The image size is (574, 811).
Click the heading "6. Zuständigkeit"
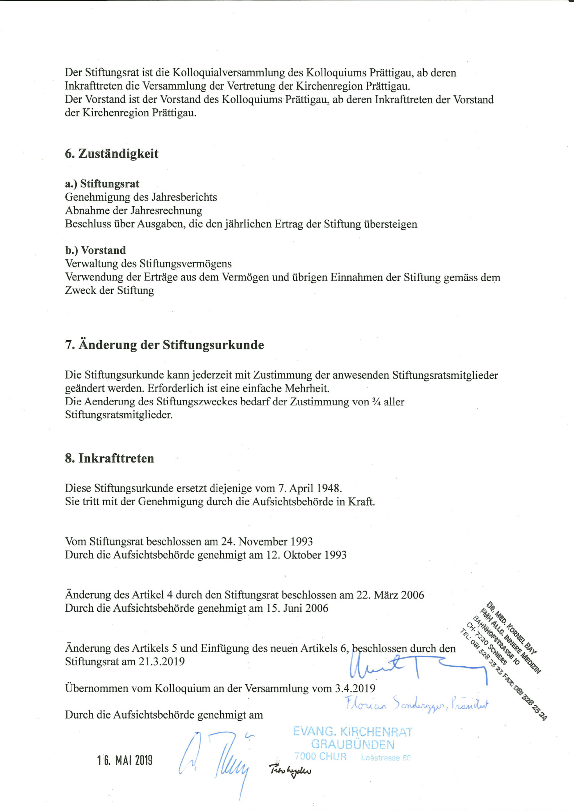111,154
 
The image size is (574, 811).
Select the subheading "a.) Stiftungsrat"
102,184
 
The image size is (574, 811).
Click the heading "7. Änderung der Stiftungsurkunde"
164,345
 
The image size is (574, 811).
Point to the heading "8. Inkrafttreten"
109,458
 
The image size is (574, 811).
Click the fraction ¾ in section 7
376,402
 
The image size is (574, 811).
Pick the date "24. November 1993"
267,541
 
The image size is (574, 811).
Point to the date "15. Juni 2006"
297,608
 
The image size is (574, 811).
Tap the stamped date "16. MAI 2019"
125,760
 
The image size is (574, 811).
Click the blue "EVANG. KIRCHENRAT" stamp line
352,731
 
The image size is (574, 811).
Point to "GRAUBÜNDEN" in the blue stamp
352,744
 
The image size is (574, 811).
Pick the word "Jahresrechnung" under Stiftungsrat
166,211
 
